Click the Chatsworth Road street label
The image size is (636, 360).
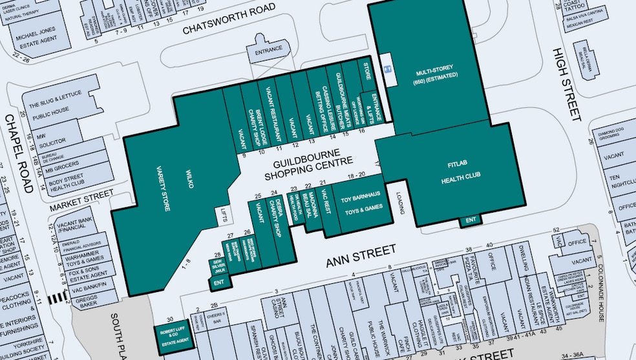click(x=229, y=20)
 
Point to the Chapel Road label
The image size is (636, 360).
click(x=18, y=154)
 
